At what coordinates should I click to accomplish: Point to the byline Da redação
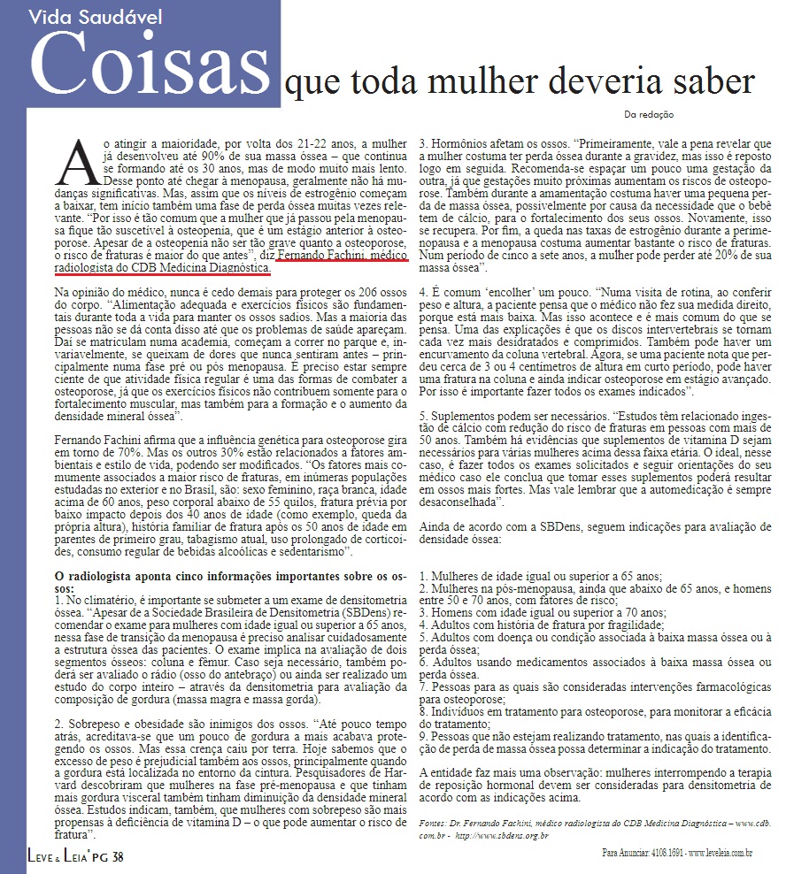[x=649, y=113]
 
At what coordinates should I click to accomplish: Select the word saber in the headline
[x=716, y=82]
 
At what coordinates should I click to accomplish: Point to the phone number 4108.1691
[x=663, y=854]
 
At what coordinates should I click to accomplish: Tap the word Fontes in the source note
[x=435, y=824]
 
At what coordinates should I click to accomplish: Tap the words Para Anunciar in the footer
[x=620, y=854]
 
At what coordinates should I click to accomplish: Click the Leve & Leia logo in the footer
[x=58, y=856]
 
